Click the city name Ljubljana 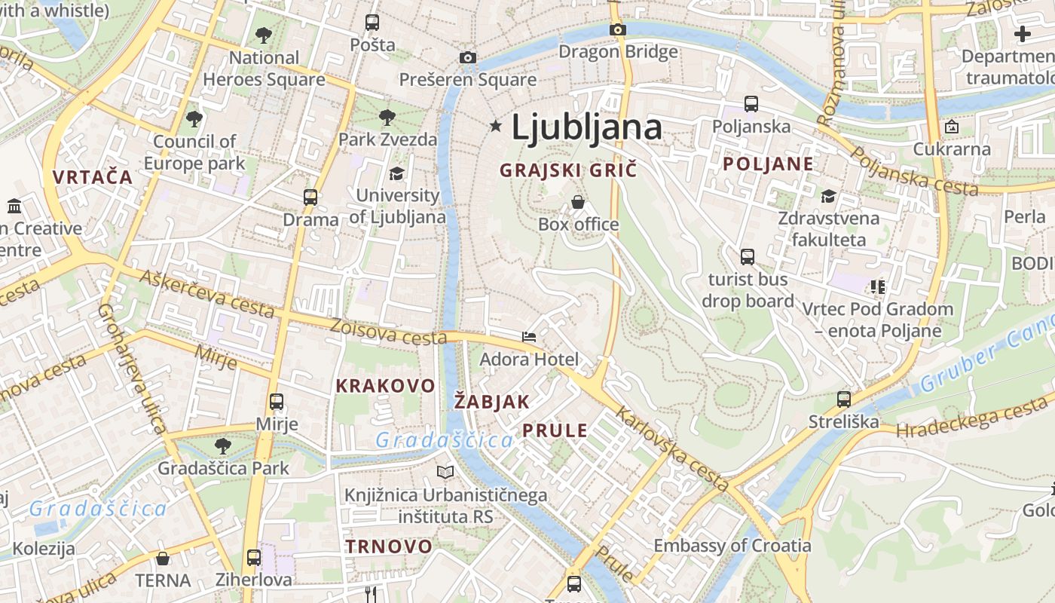(x=587, y=128)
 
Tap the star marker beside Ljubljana (x=496, y=126)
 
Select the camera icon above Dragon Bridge (x=618, y=29)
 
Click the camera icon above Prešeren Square (x=468, y=57)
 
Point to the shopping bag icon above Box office (x=578, y=201)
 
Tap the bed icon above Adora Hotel (x=529, y=336)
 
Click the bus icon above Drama (x=310, y=197)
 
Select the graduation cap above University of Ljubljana (x=396, y=174)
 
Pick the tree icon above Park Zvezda (x=387, y=117)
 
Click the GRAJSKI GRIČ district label (x=568, y=170)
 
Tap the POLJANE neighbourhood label (x=768, y=164)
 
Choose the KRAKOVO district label (x=385, y=386)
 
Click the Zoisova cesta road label (x=389, y=332)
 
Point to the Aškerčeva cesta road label (x=206, y=295)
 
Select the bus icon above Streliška (x=844, y=399)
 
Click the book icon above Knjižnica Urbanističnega (x=445, y=472)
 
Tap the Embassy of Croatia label (x=732, y=545)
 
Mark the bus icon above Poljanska (x=751, y=104)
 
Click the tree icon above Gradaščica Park (x=223, y=445)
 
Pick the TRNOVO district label (x=389, y=546)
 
